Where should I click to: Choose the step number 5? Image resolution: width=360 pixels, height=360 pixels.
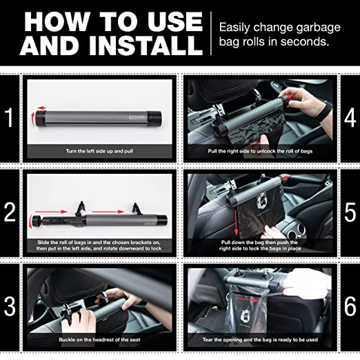[350, 210]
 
